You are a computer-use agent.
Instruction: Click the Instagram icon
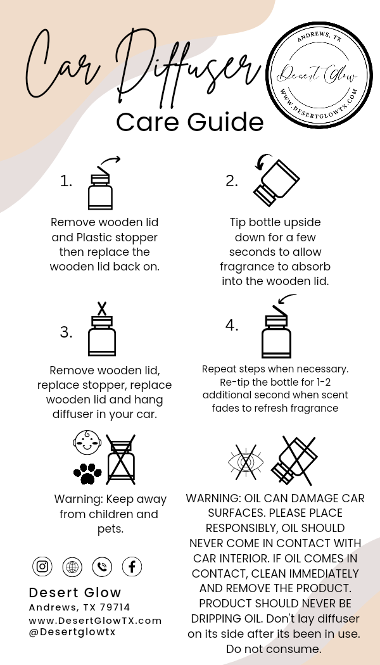tap(42, 566)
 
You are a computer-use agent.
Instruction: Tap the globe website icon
tap(72, 567)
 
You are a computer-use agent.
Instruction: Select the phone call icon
tap(102, 567)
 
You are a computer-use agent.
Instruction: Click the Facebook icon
tap(132, 567)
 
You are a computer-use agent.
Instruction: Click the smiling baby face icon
tap(87, 443)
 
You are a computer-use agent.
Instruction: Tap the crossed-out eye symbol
tap(246, 462)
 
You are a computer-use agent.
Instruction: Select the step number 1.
tap(66, 182)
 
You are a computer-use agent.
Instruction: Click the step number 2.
tap(232, 182)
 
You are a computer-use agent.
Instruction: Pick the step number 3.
tap(66, 332)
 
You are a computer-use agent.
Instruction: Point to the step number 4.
tap(232, 326)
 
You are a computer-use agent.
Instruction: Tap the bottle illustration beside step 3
tap(102, 329)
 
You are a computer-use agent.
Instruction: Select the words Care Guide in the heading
tap(190, 122)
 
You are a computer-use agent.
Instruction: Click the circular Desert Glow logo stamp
tap(319, 75)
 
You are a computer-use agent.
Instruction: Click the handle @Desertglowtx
tap(72, 631)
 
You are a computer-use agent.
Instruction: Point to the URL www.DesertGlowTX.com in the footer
tap(96, 621)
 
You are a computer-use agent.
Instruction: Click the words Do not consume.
tap(274, 649)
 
